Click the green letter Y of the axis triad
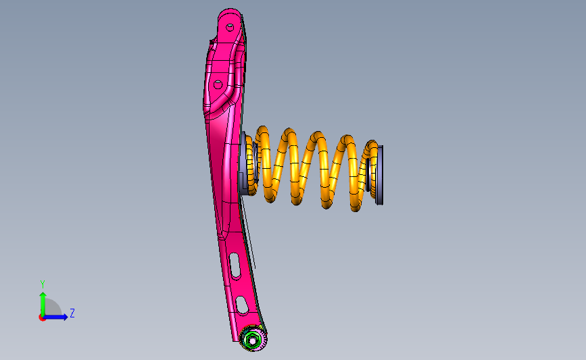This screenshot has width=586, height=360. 43,284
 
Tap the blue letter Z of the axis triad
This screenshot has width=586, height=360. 72,313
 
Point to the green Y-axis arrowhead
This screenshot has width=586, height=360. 43,296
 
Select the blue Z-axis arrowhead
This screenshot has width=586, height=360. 65,317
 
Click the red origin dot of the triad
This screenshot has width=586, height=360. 42,318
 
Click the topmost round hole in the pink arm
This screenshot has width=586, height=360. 230,27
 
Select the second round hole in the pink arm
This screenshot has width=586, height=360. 218,84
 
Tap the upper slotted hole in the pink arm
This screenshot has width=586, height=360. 235,265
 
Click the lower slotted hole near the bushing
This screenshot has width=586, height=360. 243,305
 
